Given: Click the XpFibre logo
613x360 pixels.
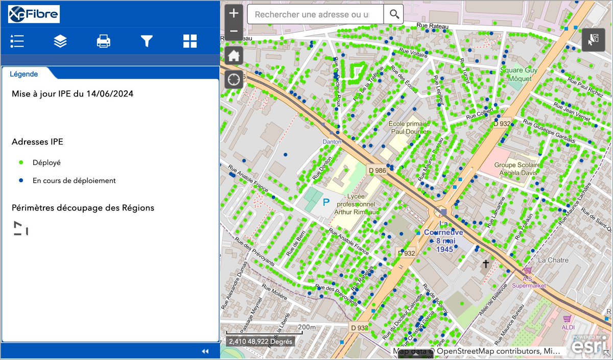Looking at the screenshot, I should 34,14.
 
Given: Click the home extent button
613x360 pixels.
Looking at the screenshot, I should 233,56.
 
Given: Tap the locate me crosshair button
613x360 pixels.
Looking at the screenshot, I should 233,80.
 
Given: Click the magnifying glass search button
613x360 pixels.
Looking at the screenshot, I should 394,14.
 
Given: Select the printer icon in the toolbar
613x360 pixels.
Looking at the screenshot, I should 104,41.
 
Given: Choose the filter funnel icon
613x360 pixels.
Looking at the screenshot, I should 147,41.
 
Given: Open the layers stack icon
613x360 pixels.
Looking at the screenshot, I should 60,41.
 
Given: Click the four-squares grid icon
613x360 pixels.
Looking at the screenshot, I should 190,41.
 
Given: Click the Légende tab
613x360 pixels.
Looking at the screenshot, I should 23,74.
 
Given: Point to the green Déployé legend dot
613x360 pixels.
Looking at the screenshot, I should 21,162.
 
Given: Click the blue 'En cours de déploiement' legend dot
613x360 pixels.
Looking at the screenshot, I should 21,180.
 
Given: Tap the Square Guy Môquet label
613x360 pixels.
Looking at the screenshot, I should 518,74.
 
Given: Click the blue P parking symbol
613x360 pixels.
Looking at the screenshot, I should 325,203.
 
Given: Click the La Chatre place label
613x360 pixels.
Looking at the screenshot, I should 553,260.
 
